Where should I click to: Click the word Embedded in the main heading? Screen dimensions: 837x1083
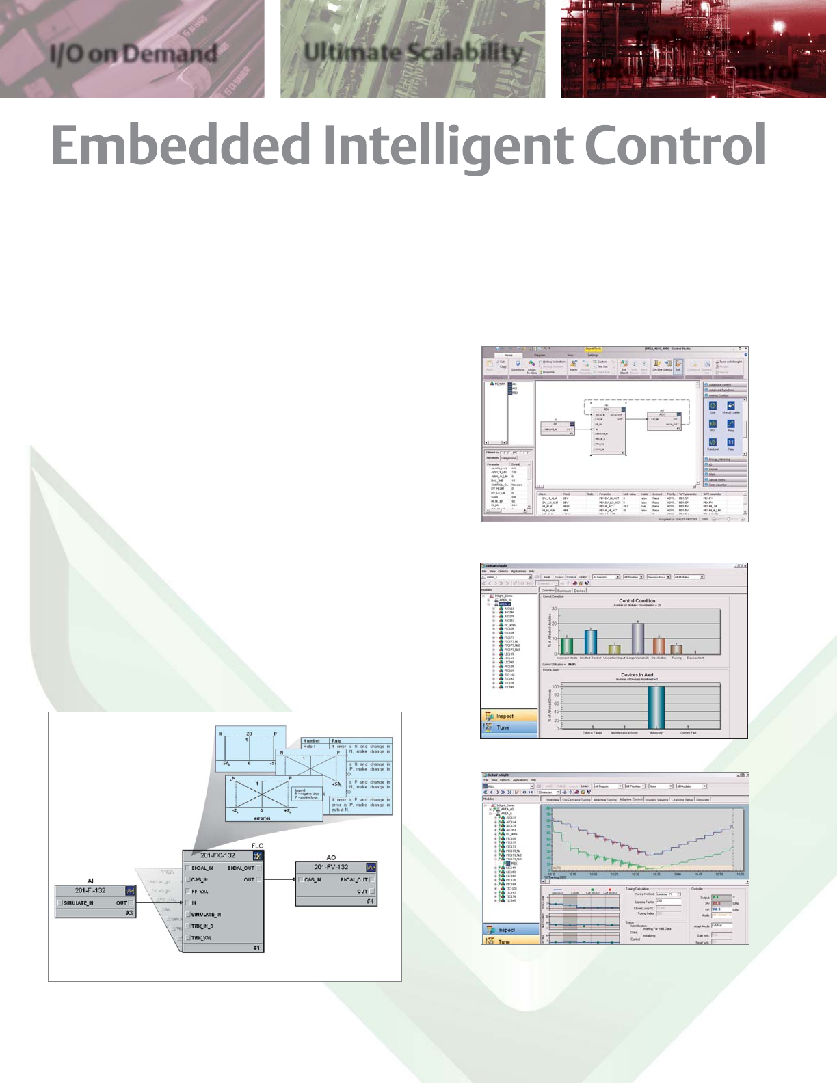tap(182, 146)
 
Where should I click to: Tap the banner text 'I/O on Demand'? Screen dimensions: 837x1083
tap(133, 53)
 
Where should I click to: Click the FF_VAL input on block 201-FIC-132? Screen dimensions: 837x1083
tap(200, 892)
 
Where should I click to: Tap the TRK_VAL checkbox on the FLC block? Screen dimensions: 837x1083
tap(188, 938)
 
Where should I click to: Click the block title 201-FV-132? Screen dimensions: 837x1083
tap(331, 867)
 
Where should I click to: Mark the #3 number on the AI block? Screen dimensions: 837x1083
tap(129, 913)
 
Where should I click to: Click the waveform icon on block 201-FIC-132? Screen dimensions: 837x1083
tap(257, 855)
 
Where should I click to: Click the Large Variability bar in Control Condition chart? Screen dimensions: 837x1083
tap(637, 639)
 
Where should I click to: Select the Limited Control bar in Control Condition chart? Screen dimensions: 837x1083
tap(590, 642)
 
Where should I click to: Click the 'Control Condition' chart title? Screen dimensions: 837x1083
tap(636, 601)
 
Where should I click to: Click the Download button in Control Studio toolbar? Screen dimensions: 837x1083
tap(518, 366)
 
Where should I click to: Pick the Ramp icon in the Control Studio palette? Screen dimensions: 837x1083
tap(730, 426)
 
